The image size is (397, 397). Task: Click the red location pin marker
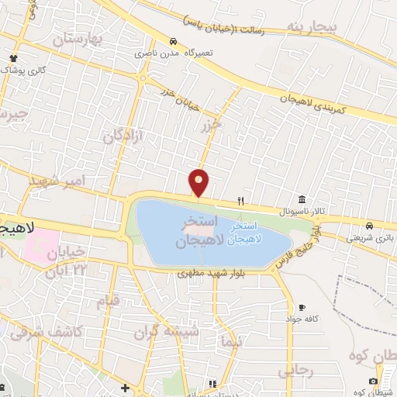pos(199,182)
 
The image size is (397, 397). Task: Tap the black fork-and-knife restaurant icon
pos(241,201)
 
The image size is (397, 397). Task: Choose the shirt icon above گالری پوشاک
pos(14,58)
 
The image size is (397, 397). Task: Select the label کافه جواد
pos(297,319)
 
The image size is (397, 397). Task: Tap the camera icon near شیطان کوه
pos(374,381)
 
